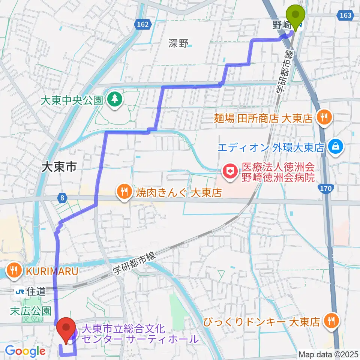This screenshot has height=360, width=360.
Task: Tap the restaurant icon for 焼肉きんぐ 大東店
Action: [124, 192]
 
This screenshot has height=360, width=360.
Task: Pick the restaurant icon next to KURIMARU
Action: [15, 270]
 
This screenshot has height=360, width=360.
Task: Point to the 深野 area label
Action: [178, 44]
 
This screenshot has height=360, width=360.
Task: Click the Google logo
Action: [25, 351]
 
